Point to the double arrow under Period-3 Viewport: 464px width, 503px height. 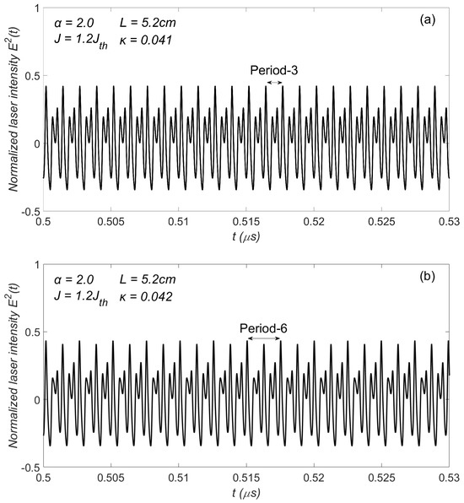point(273,83)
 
